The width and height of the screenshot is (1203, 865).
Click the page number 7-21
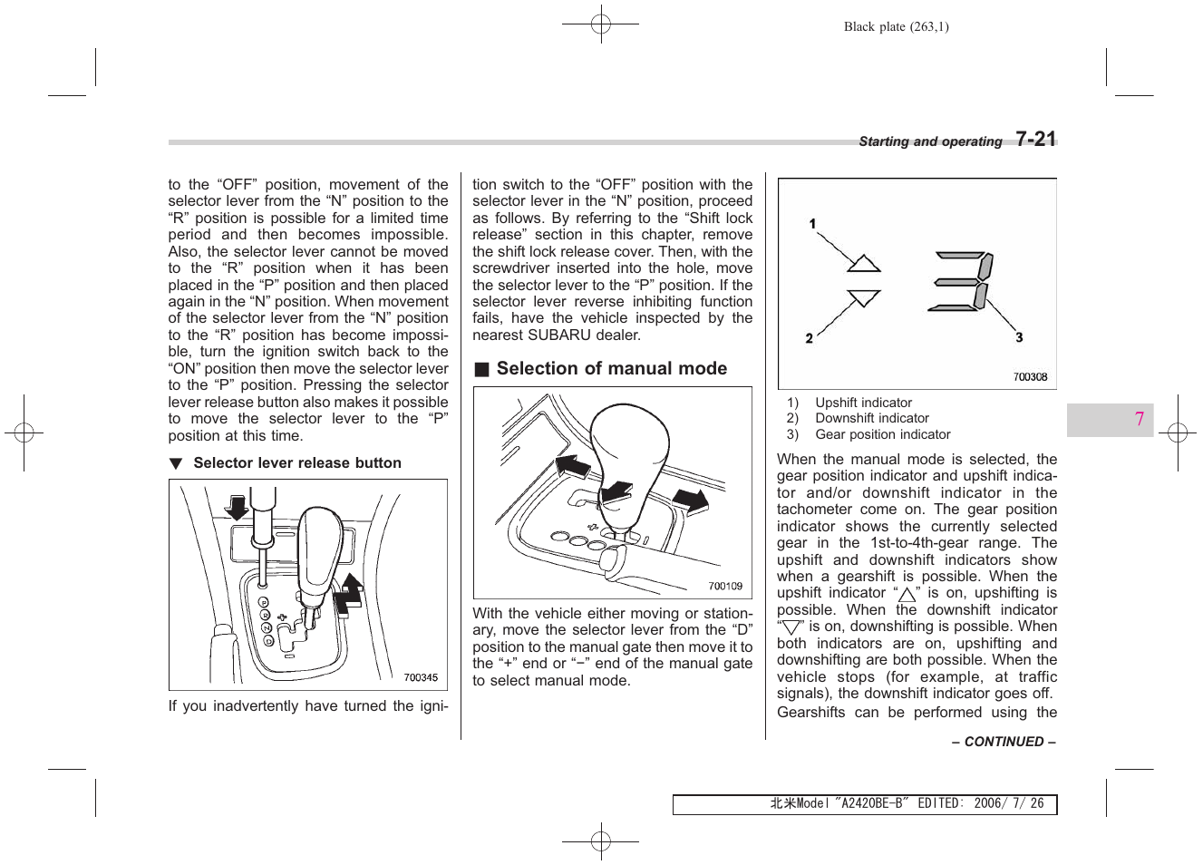click(x=1035, y=139)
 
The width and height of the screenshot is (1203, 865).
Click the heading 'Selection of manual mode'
click(x=611, y=369)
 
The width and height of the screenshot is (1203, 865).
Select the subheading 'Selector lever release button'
click(x=296, y=463)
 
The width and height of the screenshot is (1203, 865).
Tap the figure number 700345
click(x=421, y=677)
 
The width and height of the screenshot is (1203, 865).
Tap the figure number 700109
click(x=725, y=586)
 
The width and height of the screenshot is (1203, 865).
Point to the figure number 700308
click(x=1030, y=377)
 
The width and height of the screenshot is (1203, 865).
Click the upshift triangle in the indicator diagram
click(x=864, y=263)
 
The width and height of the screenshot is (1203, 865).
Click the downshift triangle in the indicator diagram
click(x=864, y=297)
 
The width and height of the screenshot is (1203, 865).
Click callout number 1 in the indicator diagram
click(x=813, y=224)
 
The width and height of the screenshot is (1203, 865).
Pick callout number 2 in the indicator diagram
click(x=809, y=338)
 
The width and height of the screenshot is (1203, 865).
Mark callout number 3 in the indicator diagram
click(x=1019, y=337)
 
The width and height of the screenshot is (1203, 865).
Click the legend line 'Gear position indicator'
click(x=882, y=434)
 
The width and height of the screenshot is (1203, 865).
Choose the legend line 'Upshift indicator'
click(x=863, y=403)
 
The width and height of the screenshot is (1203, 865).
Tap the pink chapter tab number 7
click(x=1139, y=419)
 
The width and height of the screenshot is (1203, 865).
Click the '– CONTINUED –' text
click(x=1004, y=742)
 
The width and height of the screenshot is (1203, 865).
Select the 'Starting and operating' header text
click(x=930, y=141)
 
